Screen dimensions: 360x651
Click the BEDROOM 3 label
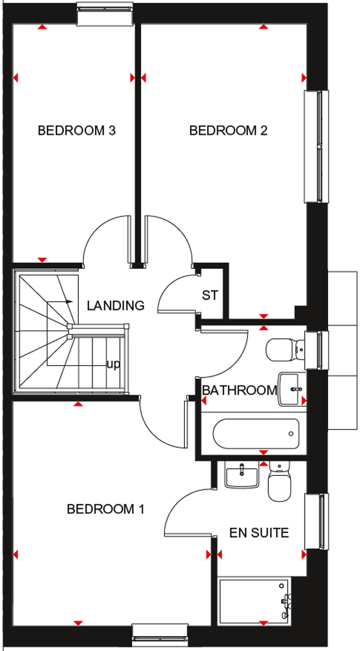[x=76, y=131]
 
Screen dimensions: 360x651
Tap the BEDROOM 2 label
[x=228, y=131]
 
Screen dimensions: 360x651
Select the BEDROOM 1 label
[x=105, y=509]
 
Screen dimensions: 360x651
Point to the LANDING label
[x=116, y=306]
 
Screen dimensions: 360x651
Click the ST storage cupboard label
[x=210, y=296]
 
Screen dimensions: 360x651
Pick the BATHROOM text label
[x=240, y=390]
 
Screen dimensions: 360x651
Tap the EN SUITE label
[x=259, y=533]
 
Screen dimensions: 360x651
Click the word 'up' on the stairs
[x=113, y=365]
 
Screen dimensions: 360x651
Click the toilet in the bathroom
[x=286, y=350]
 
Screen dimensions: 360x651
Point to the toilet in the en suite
[x=279, y=481]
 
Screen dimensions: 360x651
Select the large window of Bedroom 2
[x=316, y=146]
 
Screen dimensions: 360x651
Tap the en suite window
[x=316, y=520]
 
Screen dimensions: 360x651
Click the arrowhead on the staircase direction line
[x=70, y=301]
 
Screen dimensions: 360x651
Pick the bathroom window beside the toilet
[x=316, y=350]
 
